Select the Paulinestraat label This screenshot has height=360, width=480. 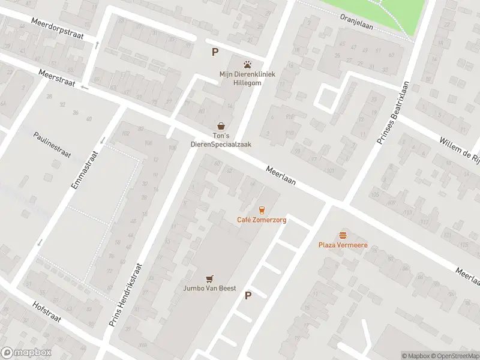(x=52, y=144)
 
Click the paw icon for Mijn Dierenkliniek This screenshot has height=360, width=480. (x=247, y=64)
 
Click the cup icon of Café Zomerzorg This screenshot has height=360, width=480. (x=262, y=209)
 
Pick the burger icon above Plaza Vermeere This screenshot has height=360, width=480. (x=343, y=235)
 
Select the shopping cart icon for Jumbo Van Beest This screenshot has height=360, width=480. (x=209, y=278)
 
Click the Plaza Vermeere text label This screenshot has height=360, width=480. (x=343, y=245)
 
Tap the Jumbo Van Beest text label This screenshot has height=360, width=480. (x=209, y=289)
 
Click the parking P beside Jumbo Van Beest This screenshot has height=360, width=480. (x=248, y=295)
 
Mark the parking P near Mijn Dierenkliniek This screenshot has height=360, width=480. (x=214, y=52)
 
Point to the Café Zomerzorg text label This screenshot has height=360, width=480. (x=262, y=220)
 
